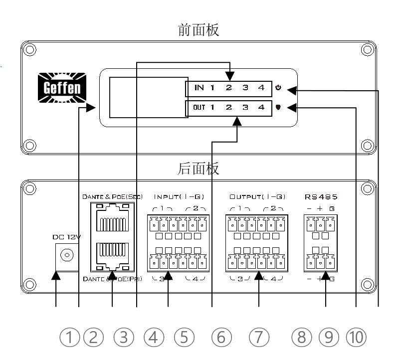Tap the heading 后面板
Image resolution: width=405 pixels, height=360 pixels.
point(199,169)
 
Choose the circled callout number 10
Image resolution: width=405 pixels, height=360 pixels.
point(356,338)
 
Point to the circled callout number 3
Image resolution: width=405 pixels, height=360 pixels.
point(124,338)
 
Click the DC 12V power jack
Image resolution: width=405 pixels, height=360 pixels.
point(64,256)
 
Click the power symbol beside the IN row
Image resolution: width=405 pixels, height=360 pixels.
point(278,89)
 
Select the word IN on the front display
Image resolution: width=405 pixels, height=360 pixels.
point(199,89)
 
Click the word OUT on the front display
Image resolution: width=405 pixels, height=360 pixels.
point(199,107)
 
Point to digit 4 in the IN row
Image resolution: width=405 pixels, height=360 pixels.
point(261,89)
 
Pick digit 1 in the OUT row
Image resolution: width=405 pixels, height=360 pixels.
point(212,107)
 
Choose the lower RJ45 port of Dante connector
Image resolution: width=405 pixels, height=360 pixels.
point(112,254)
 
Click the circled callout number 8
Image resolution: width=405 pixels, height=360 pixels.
point(301,338)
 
